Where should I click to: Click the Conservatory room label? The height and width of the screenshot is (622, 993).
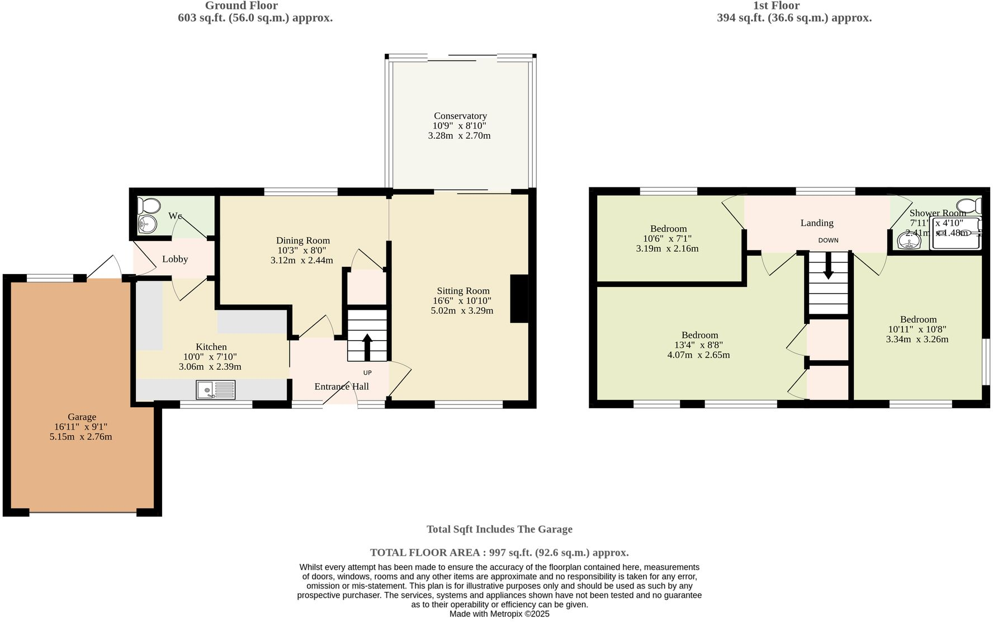[x=460, y=116]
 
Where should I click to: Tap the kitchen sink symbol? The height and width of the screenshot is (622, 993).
[x=216, y=389]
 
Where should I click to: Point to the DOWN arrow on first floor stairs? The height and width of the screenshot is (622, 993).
[x=828, y=266]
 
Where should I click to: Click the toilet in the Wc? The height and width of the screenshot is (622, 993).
[x=149, y=205]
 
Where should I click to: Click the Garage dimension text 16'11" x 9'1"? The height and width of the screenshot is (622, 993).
[x=81, y=427]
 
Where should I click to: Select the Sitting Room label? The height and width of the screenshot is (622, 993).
[x=463, y=291]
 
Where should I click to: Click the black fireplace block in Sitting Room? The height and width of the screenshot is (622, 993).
[x=519, y=299]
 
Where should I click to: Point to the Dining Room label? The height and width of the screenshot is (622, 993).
[x=302, y=241]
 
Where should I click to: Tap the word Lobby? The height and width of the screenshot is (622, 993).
[x=175, y=259]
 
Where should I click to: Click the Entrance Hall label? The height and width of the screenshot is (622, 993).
[x=341, y=387]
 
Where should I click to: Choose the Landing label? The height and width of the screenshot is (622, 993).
[x=817, y=223]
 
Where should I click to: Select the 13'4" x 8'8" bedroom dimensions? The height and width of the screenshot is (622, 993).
[x=698, y=345]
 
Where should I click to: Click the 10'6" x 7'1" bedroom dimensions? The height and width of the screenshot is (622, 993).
[x=667, y=238]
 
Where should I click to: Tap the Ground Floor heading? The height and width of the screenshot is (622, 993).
[x=241, y=6]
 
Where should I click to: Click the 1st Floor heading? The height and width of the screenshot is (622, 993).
[x=776, y=6]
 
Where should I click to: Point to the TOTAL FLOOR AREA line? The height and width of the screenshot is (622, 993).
[x=499, y=553]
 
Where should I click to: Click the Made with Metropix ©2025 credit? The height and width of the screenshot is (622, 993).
[x=499, y=614]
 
